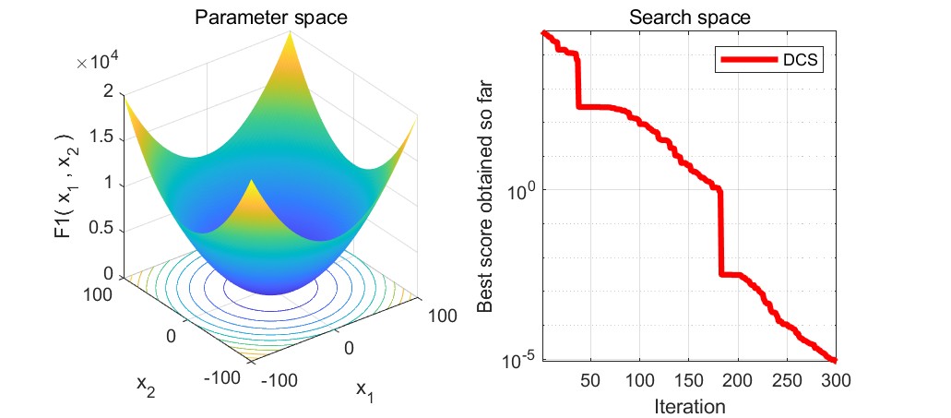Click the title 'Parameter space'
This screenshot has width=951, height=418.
(264, 17)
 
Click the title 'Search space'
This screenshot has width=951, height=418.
(690, 17)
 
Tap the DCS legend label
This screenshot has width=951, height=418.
(802, 60)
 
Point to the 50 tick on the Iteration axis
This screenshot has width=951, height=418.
(590, 380)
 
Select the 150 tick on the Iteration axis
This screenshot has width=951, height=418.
(689, 380)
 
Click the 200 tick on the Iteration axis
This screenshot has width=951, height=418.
(738, 380)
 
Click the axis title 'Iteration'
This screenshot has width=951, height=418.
(689, 405)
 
